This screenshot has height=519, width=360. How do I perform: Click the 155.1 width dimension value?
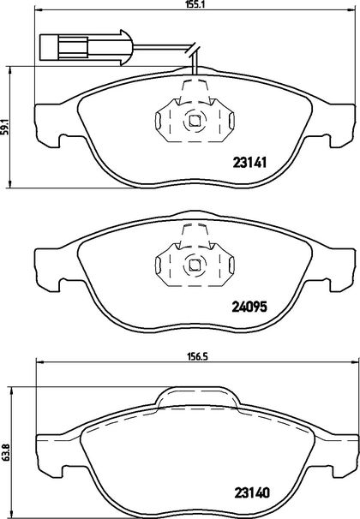(194, 4)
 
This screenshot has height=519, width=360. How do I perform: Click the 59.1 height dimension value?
(4, 127)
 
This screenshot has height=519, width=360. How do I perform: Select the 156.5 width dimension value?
(195, 356)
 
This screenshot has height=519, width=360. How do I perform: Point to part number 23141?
(249, 163)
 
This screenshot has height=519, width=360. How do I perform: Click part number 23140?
(252, 493)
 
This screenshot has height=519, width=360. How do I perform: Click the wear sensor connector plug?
(86, 47)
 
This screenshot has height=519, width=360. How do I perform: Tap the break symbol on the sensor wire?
(193, 50)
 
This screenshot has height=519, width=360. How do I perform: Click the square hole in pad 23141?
(195, 121)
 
